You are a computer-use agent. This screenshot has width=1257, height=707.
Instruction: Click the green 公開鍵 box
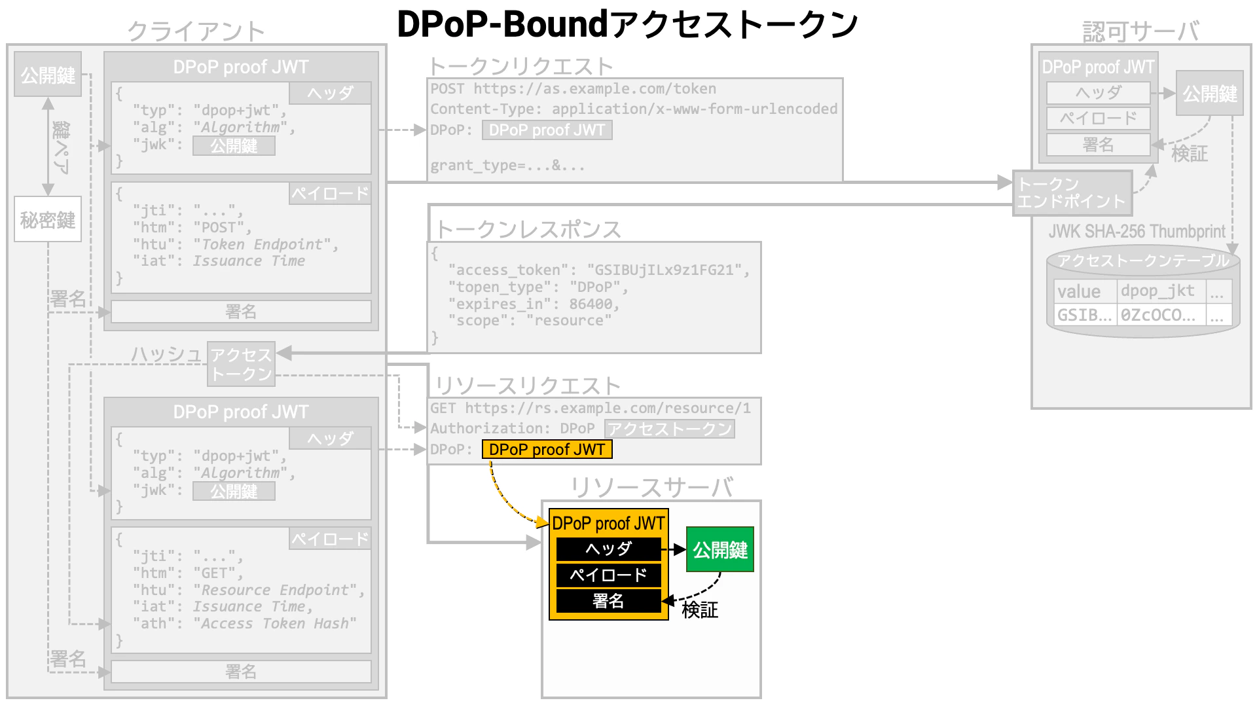[x=720, y=549]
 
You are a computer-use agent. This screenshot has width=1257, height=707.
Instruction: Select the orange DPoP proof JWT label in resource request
[x=547, y=450]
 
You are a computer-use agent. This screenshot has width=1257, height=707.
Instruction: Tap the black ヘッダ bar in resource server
[x=608, y=549]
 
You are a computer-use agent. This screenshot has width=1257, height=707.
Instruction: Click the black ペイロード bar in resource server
[x=608, y=575]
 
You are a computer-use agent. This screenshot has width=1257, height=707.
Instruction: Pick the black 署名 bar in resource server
[x=608, y=601]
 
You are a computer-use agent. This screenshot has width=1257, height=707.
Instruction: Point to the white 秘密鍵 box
[x=48, y=219]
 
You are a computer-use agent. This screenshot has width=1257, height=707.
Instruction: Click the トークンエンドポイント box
[x=1072, y=192]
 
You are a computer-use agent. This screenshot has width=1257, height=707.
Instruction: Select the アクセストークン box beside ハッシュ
[x=241, y=364]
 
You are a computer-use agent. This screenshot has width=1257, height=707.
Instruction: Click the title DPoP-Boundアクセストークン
[x=627, y=25]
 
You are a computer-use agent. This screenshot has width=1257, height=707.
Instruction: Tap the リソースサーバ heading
[x=651, y=488]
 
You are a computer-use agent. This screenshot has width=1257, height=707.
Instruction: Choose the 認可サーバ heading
[x=1140, y=31]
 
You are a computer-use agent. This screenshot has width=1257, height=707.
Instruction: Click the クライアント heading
[x=196, y=31]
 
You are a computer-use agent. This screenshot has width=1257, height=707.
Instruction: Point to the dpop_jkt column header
[x=1157, y=291]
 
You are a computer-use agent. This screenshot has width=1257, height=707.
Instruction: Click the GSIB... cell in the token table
[x=1085, y=315]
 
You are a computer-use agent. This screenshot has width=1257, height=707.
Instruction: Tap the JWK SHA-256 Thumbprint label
[x=1137, y=231]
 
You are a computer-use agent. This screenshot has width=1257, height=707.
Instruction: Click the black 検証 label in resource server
[x=700, y=610]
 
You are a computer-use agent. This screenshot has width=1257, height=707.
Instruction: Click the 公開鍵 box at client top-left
[x=48, y=75]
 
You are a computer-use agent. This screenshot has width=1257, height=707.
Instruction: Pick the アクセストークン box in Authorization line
[x=669, y=429]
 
